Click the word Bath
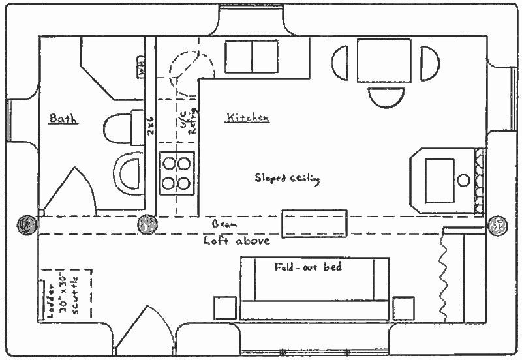[63, 119]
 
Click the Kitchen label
[247, 118]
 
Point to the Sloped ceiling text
[287, 178]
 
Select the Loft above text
[236, 241]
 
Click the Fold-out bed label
[307, 267]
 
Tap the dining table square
[384, 61]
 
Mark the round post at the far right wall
[497, 224]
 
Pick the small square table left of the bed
[225, 308]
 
